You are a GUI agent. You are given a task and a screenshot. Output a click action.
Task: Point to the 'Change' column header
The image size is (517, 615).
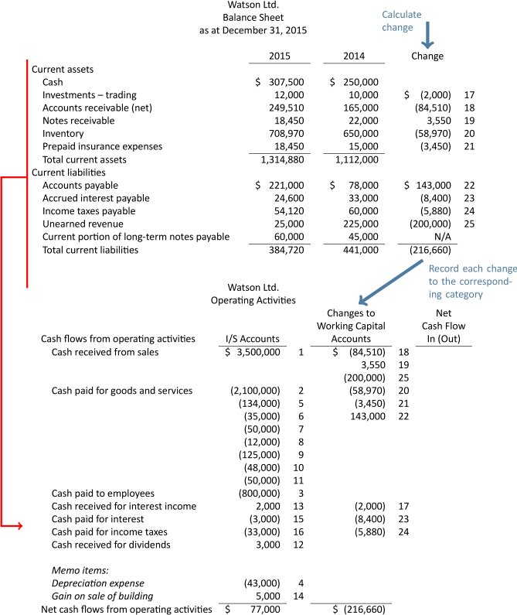[428, 56]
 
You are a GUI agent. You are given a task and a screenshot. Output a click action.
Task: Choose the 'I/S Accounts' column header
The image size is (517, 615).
[252, 317]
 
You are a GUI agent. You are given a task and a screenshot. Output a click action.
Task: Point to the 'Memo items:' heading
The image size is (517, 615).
[76, 570]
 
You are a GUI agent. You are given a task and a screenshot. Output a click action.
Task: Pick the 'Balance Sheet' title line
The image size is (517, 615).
[253, 17]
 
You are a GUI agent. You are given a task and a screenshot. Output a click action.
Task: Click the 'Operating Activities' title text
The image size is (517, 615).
[253, 278]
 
